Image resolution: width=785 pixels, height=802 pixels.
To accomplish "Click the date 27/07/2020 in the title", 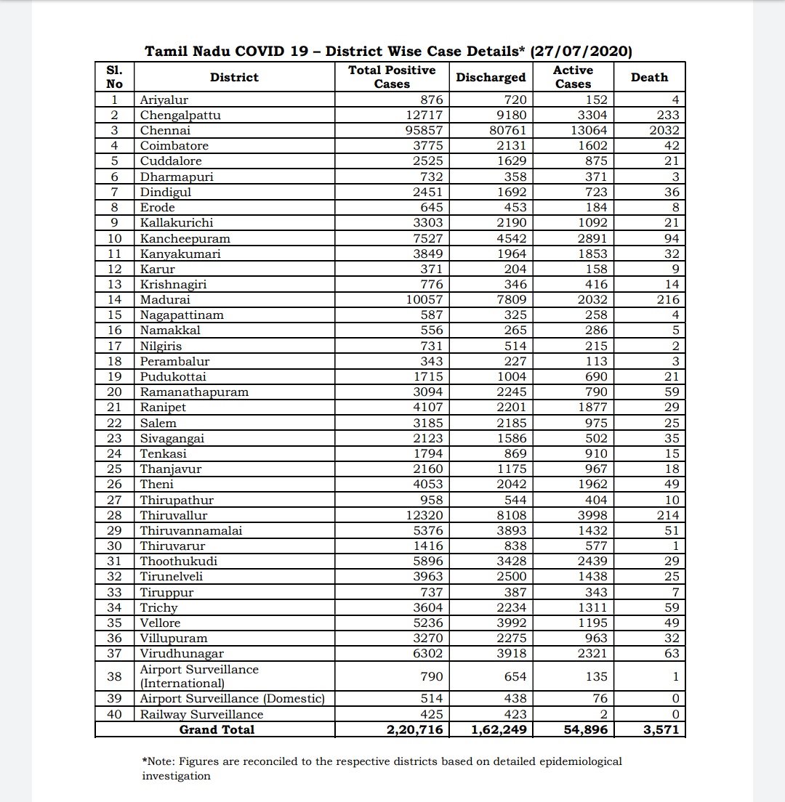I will pos(581,52).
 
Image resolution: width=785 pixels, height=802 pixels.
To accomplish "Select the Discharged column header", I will pos(491,77).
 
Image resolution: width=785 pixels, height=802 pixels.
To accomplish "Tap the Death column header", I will pos(649,77).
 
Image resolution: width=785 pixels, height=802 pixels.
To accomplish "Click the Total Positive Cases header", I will pos(392,77).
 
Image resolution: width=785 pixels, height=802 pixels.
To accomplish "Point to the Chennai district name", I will pos(165,131).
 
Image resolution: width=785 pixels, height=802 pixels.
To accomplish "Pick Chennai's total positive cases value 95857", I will pos(422,131).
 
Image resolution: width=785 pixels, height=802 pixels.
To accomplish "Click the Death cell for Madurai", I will pos(666,299).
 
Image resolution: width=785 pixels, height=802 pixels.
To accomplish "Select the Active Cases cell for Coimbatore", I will pos(590,146).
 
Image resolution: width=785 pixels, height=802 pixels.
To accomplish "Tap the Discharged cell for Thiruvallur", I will pos(506,515).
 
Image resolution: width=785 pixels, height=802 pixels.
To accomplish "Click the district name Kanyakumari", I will pos(180,254).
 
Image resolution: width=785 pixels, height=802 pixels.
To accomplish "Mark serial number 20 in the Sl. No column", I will pos(114,392).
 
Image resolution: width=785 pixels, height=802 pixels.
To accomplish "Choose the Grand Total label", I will pos(217,729).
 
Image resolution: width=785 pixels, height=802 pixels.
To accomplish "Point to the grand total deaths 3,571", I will pos(660,729).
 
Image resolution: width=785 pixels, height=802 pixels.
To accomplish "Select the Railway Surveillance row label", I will pos(201,714).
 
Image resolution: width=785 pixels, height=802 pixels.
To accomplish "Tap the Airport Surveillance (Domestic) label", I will pos(232,698).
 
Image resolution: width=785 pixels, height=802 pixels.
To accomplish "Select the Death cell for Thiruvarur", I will pos(675,546).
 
